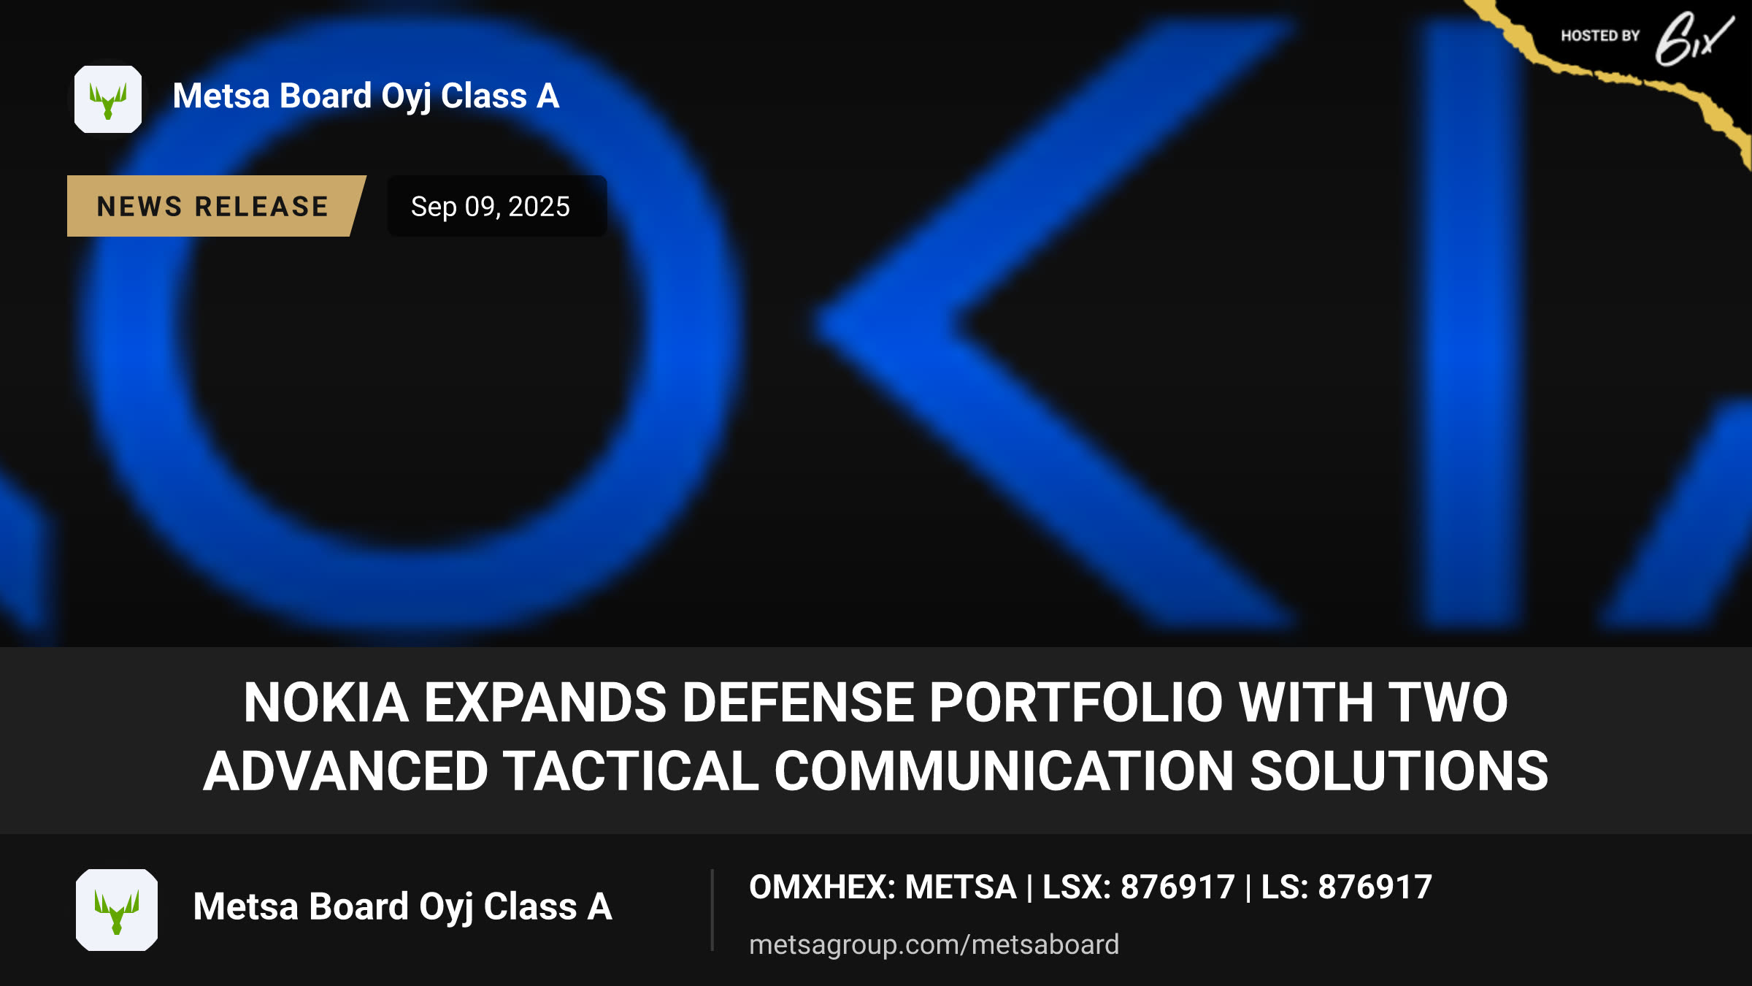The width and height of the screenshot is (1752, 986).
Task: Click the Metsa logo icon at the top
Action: click(x=108, y=99)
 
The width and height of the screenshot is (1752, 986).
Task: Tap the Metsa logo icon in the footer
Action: click(x=117, y=910)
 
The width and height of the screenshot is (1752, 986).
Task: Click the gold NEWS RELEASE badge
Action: click(x=216, y=206)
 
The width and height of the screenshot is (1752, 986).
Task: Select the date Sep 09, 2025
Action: click(x=491, y=207)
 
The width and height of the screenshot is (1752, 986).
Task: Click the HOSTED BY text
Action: click(x=1600, y=36)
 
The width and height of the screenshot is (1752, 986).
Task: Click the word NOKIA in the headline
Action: click(x=326, y=703)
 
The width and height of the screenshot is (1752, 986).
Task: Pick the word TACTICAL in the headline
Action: click(x=631, y=771)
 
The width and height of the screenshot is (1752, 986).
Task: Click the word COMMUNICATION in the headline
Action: click(x=1004, y=771)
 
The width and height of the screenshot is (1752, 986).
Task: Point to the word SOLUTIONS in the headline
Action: click(x=1399, y=771)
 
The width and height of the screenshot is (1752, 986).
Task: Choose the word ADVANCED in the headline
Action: click(x=346, y=771)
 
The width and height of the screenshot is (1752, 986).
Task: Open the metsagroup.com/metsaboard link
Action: click(x=934, y=944)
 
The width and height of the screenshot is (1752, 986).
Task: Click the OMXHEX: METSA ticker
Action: click(x=883, y=887)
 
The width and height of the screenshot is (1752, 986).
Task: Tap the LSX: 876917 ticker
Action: click(x=1138, y=887)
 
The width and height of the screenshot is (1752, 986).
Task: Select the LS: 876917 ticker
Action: click(x=1346, y=887)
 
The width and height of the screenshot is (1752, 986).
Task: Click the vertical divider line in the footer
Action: click(x=712, y=910)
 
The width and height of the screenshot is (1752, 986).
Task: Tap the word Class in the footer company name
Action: click(x=530, y=906)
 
